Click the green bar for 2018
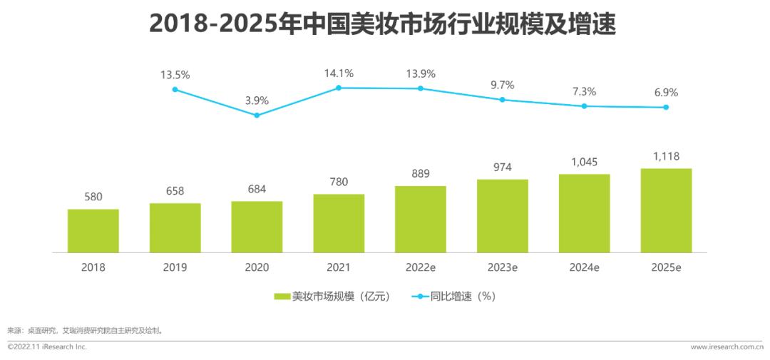[93, 231]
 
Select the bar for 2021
[339, 223]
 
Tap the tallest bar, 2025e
[666, 210]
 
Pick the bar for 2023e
[503, 216]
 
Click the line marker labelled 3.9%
[257, 115]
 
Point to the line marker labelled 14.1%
[339, 88]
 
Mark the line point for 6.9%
[666, 108]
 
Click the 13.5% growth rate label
[175, 74]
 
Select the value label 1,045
[584, 162]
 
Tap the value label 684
[257, 190]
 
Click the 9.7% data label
[503, 85]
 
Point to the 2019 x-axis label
[175, 268]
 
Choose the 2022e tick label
[421, 268]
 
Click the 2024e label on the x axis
[584, 268]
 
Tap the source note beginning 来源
[85, 331]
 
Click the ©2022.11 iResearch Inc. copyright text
[47, 347]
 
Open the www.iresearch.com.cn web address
[727, 347]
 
